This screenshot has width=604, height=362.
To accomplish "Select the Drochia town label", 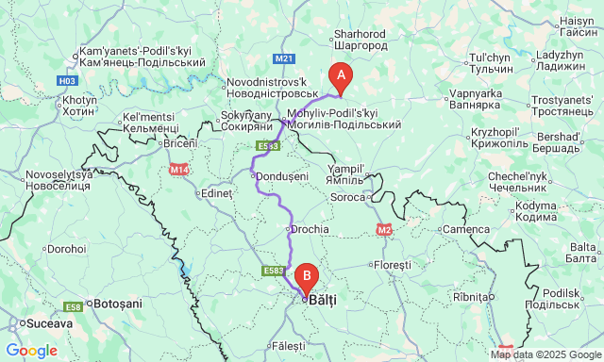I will click(x=310, y=229).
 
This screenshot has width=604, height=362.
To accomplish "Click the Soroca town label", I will click(x=347, y=197).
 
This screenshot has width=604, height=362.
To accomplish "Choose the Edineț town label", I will click(x=216, y=193).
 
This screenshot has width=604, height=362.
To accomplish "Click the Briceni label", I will click(x=180, y=142).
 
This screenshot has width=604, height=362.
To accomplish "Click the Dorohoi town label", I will click(x=66, y=249).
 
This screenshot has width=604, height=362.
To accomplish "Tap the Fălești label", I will click(x=289, y=345).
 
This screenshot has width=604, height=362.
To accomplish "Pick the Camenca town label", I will click(x=466, y=229).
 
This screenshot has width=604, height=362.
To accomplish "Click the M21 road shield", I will click(x=285, y=58).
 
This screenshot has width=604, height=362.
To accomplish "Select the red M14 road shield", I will click(x=179, y=169).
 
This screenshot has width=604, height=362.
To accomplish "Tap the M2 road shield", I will click(x=384, y=229).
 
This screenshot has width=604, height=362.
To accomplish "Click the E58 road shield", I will click(x=73, y=307).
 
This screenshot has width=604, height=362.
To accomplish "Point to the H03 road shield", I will click(x=66, y=81).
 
